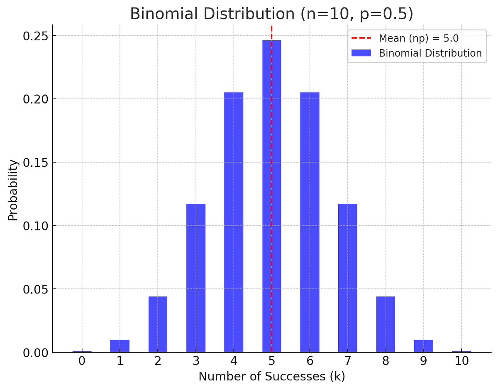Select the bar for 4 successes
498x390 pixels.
[234, 222]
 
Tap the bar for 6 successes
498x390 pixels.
[310, 222]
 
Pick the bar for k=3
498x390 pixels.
[195, 278]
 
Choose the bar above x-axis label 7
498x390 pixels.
[348, 278]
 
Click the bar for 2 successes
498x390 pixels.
[158, 324]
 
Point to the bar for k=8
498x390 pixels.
[386, 324]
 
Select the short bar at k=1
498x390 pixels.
[120, 346]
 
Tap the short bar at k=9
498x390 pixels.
[423, 346]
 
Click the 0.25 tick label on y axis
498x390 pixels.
[35, 36]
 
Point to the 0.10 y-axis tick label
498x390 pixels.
[35, 226]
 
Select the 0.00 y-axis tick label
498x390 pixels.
[35, 353]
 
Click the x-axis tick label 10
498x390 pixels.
[461, 361]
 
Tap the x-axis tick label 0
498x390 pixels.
[82, 361]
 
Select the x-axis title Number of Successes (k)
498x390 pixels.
[271, 377]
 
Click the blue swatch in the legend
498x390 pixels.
[361, 53]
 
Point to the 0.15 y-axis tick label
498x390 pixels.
[35, 163]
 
